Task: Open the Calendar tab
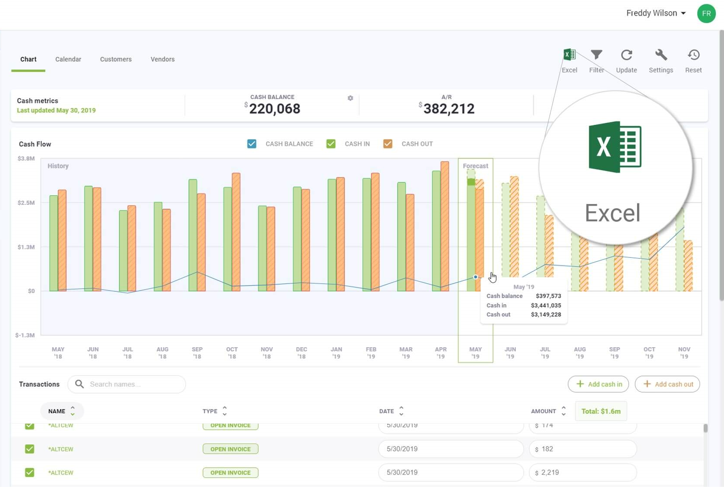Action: point(68,59)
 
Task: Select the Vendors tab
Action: point(163,59)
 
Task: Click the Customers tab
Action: point(116,59)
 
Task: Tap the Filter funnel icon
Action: point(596,55)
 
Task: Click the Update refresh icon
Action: point(626,55)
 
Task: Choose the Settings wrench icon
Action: point(661,55)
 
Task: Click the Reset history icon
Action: point(694,55)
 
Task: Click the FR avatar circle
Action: point(706,13)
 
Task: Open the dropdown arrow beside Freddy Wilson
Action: point(683,13)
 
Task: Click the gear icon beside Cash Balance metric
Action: point(350,98)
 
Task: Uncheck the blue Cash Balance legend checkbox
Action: point(252,144)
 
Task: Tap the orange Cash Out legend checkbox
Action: point(388,144)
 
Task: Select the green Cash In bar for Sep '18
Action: point(193,235)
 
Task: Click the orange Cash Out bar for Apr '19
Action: point(445,226)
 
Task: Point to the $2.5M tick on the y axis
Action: point(26,203)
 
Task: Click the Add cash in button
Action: point(598,384)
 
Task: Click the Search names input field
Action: point(127,384)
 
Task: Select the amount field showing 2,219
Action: point(583,473)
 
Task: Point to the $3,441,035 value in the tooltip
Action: point(546,305)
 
